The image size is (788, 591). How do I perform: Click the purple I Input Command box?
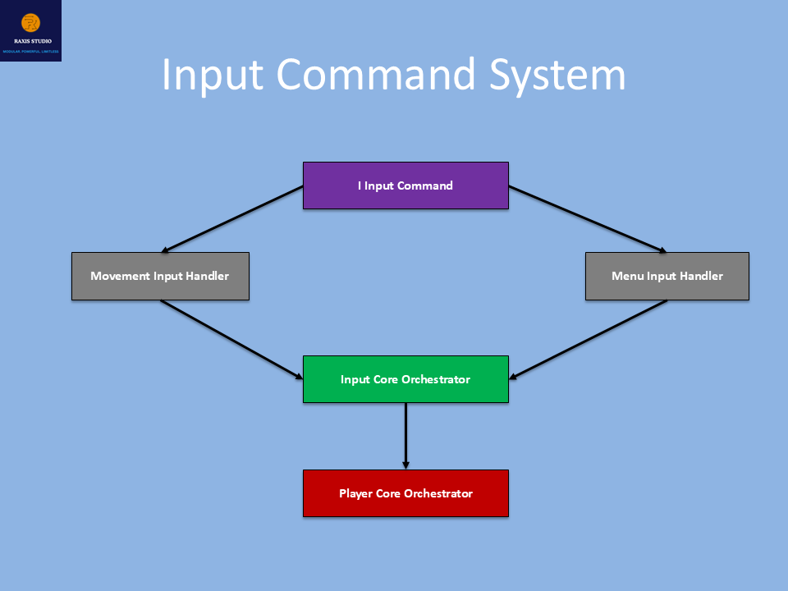405,186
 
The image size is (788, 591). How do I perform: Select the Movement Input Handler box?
160,276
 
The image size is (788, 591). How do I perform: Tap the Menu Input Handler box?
667,276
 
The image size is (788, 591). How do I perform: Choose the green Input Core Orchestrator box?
405,379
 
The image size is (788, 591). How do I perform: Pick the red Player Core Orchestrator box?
405,493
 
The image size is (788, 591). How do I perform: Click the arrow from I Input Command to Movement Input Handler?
233,219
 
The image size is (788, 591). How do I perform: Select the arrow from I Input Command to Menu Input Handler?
588,219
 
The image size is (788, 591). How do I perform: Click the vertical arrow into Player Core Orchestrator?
405,436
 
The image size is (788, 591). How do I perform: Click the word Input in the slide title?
213,76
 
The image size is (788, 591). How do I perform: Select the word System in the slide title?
558,76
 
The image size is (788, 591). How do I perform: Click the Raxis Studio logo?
30,30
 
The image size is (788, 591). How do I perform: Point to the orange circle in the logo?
30,22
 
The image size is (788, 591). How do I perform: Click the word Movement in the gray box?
120,276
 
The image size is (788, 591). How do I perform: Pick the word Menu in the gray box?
628,276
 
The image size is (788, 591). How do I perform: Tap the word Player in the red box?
356,493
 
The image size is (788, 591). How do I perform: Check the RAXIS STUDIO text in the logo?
30,40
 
